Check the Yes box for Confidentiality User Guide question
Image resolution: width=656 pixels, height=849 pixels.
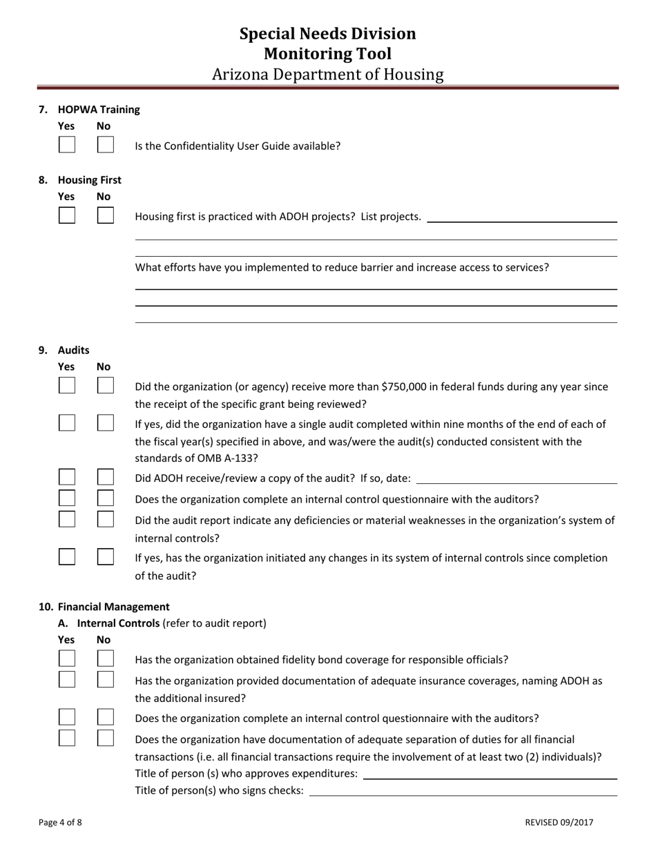[67, 145]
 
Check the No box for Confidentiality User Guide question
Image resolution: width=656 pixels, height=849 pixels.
[106, 145]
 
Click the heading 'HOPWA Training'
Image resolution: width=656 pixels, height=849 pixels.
[99, 109]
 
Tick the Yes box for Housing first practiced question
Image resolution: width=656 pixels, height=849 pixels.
[67, 215]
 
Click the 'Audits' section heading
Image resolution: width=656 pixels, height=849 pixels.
[73, 350]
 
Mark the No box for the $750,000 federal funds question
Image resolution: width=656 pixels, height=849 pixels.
[106, 386]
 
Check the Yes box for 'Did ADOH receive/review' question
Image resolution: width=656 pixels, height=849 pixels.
[67, 477]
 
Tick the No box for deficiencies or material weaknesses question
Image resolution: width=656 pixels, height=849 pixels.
[106, 519]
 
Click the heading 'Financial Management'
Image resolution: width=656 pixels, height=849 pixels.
[113, 607]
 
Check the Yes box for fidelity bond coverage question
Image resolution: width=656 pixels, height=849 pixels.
[67, 658]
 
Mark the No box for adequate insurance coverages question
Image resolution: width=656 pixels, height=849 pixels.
[106, 679]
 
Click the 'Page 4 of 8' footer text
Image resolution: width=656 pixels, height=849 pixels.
[60, 822]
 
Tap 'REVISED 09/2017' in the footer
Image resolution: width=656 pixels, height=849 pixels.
[559, 822]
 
